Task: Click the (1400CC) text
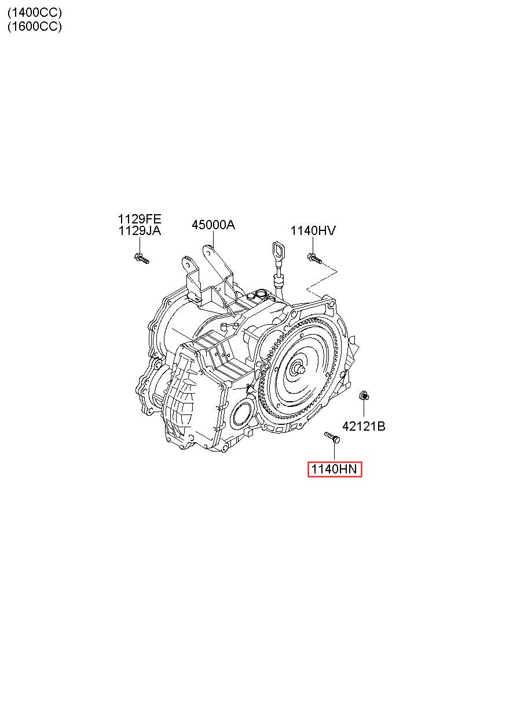click(35, 13)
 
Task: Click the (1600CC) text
click(35, 26)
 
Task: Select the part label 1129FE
click(140, 219)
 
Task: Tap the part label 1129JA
click(140, 231)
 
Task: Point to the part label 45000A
click(213, 225)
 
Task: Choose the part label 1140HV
click(313, 230)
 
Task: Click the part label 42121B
click(364, 426)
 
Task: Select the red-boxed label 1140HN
click(334, 469)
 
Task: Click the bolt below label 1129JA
click(141, 258)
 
